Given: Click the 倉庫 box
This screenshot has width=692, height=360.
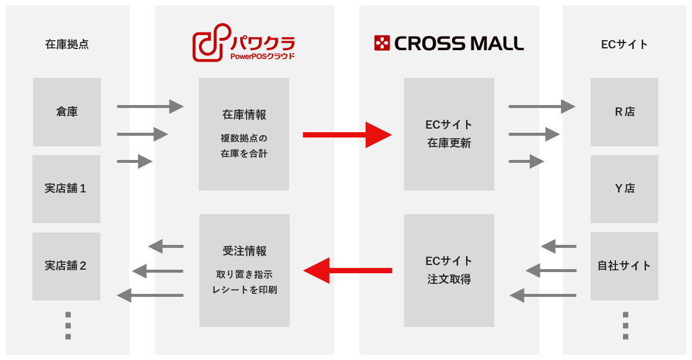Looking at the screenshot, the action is (67, 112).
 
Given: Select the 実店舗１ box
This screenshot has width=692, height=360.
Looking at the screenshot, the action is (66, 189).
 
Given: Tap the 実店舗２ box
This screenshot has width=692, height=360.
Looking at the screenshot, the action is (66, 266).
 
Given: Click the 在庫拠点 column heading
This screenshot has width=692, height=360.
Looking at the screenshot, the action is (67, 44).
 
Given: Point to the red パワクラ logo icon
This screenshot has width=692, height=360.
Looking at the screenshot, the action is (212, 42).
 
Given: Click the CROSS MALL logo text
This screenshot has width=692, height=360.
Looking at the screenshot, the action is (458, 43).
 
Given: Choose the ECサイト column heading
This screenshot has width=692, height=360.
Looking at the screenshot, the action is (625, 44).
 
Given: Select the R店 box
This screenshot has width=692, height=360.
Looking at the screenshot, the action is (625, 112).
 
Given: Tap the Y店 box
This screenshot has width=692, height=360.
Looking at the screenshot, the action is (625, 189).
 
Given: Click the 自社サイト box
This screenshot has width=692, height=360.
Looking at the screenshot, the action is (625, 266).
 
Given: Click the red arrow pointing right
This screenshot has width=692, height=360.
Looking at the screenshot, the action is (347, 135).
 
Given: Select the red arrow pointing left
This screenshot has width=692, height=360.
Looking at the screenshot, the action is (347, 270).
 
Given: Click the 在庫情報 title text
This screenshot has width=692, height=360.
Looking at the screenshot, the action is (244, 115).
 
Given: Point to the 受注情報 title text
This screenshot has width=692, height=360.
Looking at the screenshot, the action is (244, 251).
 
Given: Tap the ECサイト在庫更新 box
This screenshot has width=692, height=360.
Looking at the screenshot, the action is (450, 135).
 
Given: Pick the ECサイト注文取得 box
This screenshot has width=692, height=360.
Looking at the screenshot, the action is (450, 271).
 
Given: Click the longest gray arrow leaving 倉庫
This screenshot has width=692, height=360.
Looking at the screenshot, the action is (150, 106).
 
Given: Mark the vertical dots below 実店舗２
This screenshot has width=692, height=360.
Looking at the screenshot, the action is (68, 326).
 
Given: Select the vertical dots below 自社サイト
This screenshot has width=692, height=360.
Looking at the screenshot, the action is (625, 326).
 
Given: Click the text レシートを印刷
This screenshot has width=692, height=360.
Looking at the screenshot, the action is (244, 290).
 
